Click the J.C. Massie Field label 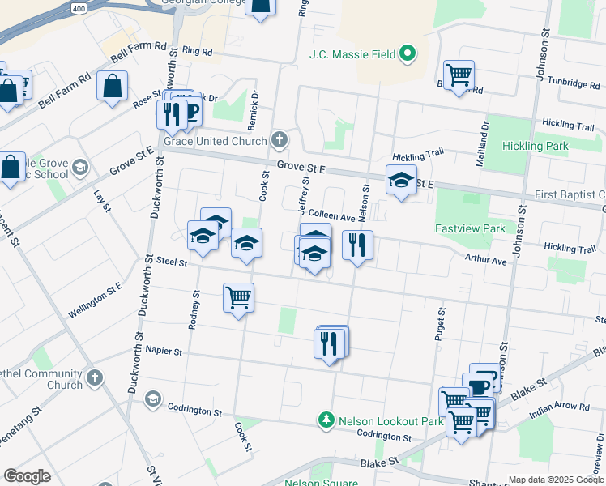pyautogui.click(x=352, y=55)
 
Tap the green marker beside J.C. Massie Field pyautogui.click(x=408, y=55)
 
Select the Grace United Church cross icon pyautogui.click(x=280, y=141)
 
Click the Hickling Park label pyautogui.click(x=535, y=146)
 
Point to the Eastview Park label pyautogui.click(x=470, y=229)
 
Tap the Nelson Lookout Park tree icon pyautogui.click(x=326, y=420)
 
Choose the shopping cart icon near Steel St pyautogui.click(x=239, y=297)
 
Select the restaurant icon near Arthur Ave pyautogui.click(x=357, y=245)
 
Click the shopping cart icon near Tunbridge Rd pyautogui.click(x=459, y=75)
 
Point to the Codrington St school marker pyautogui.click(x=153, y=399)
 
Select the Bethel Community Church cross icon pyautogui.click(x=96, y=378)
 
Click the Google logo pyautogui.click(x=27, y=476)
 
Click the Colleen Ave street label pyautogui.click(x=332, y=217)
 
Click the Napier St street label pyautogui.click(x=164, y=351)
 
